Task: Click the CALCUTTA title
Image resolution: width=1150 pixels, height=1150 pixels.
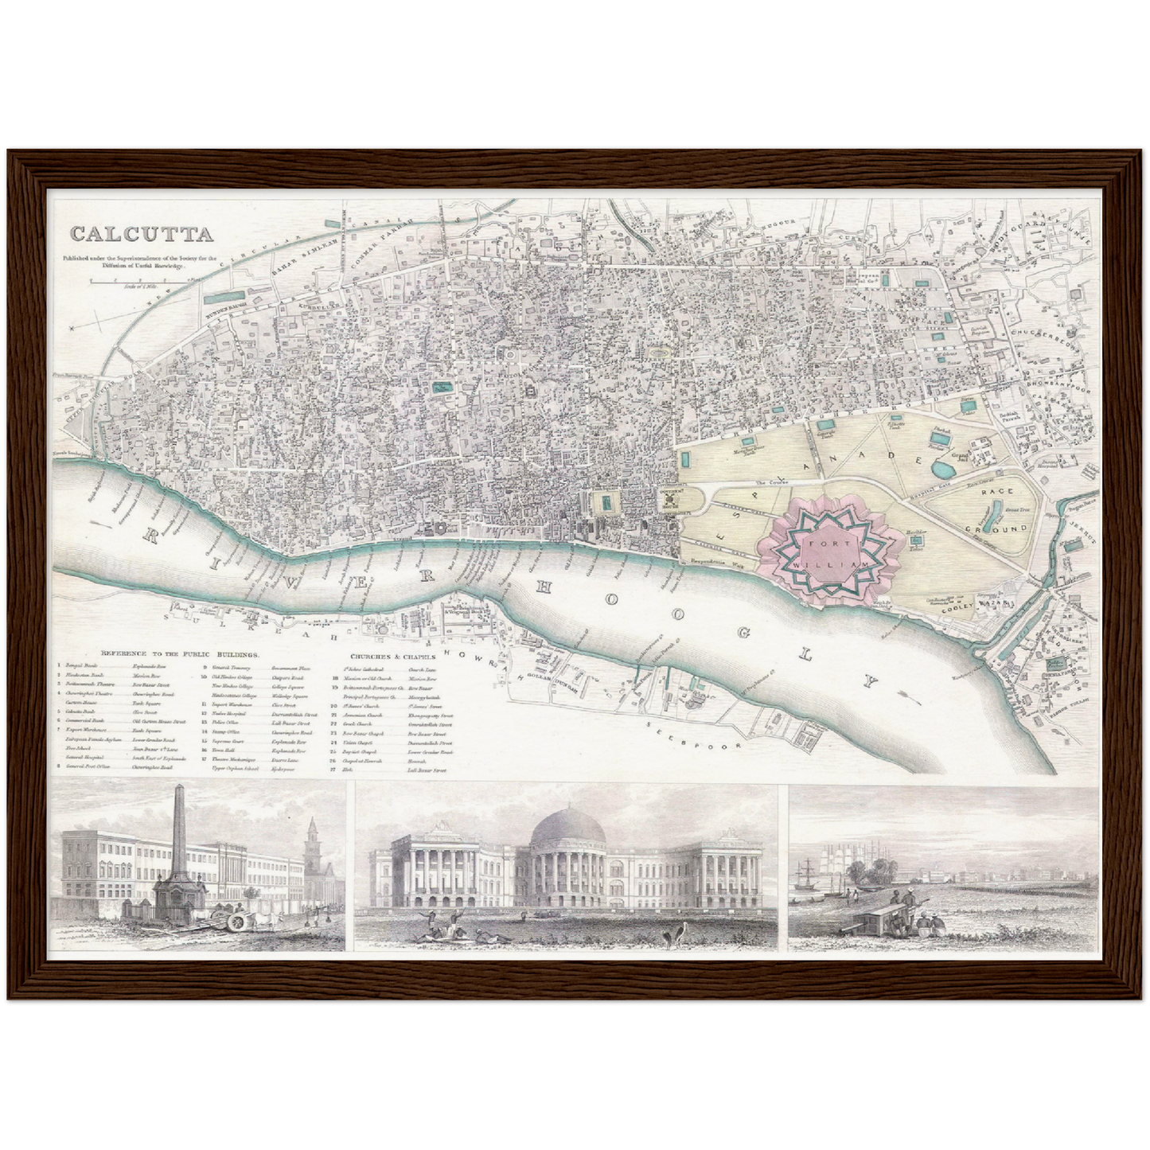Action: (x=142, y=234)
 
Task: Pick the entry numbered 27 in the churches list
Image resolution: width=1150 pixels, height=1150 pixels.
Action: (x=374, y=770)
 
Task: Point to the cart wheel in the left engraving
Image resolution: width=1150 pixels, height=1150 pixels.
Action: (x=236, y=923)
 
